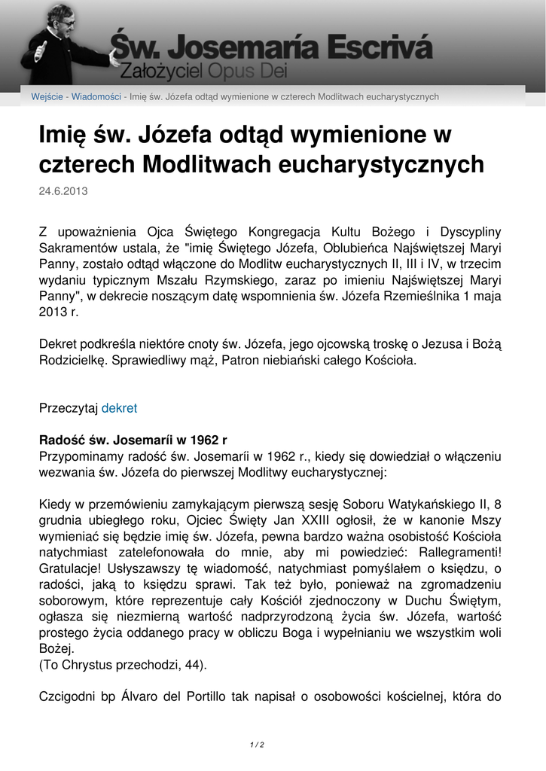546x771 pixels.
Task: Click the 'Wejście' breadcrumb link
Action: pyautogui.click(x=47, y=97)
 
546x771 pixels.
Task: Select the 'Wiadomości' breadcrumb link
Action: pyautogui.click(x=96, y=97)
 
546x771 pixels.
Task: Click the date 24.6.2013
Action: pyautogui.click(x=63, y=191)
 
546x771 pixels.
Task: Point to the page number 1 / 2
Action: pyautogui.click(x=257, y=745)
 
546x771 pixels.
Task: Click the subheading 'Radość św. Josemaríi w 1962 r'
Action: pyautogui.click(x=133, y=440)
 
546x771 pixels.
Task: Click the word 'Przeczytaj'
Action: pyautogui.click(x=69, y=408)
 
